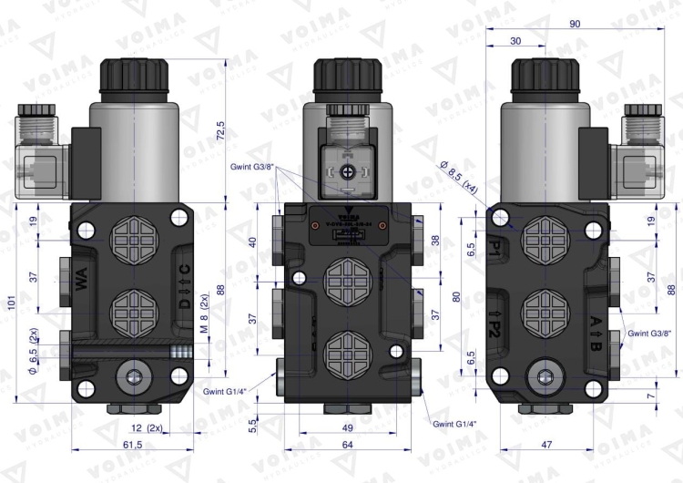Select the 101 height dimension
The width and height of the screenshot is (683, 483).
pyautogui.click(x=10, y=302)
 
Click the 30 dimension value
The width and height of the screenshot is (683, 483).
pyautogui.click(x=515, y=41)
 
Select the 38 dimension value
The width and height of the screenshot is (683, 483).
pyautogui.click(x=434, y=241)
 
